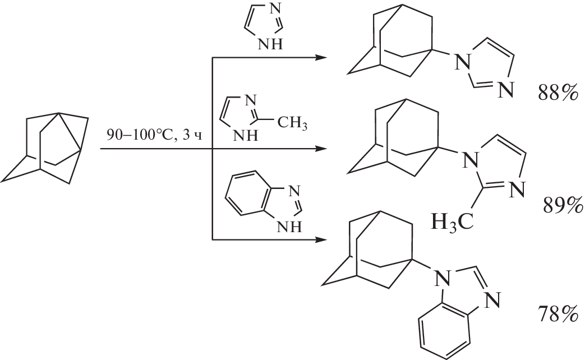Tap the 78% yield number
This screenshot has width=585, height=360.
click(558, 313)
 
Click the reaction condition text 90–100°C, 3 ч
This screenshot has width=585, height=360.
click(154, 135)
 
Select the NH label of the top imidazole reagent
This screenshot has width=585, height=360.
click(270, 45)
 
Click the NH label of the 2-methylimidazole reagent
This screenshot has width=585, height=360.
click(246, 135)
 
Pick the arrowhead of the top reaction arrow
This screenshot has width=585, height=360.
click(321, 57)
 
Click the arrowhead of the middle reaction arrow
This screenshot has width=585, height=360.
click(321, 149)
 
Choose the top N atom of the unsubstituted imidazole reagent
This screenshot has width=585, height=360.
click(275, 10)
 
